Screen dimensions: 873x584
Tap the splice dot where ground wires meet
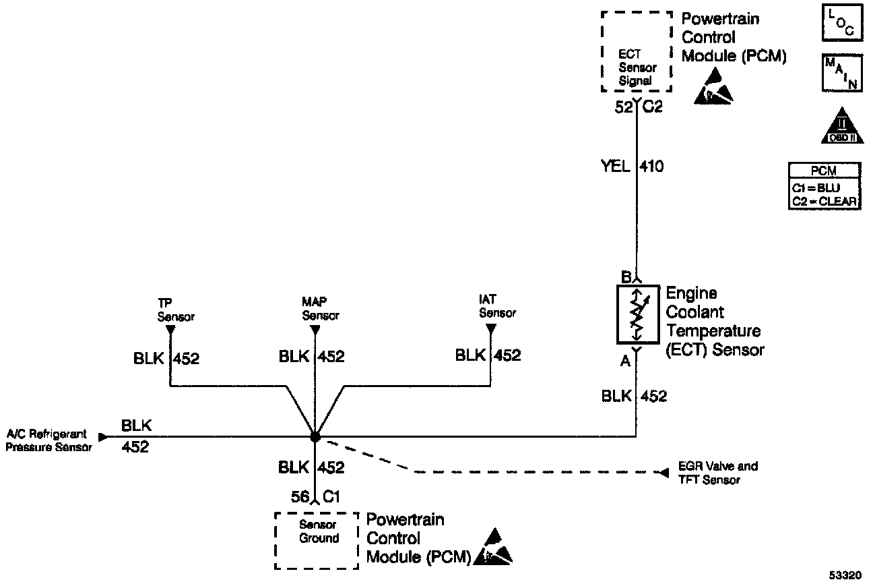click(x=315, y=436)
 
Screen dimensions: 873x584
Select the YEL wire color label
click(x=616, y=166)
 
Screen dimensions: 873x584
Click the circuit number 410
click(x=651, y=167)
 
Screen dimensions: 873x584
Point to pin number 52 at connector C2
click(x=624, y=107)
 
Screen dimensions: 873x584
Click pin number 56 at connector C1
click(x=300, y=496)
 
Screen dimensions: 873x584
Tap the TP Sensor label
click(x=176, y=310)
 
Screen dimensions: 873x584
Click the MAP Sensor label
click(x=321, y=308)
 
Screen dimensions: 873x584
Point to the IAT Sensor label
click(x=497, y=306)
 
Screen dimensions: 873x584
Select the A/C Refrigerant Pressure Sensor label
click(x=48, y=440)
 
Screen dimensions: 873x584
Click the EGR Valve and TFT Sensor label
click(x=718, y=473)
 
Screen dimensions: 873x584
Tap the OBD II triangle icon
click(x=843, y=125)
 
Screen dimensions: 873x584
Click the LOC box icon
click(x=843, y=23)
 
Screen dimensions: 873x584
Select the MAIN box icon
click(x=843, y=73)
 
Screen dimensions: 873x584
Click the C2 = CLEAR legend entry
click(x=825, y=202)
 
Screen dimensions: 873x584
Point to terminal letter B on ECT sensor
click(x=626, y=277)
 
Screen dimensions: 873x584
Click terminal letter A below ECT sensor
click(x=625, y=361)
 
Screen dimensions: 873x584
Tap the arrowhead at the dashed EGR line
click(x=664, y=473)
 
